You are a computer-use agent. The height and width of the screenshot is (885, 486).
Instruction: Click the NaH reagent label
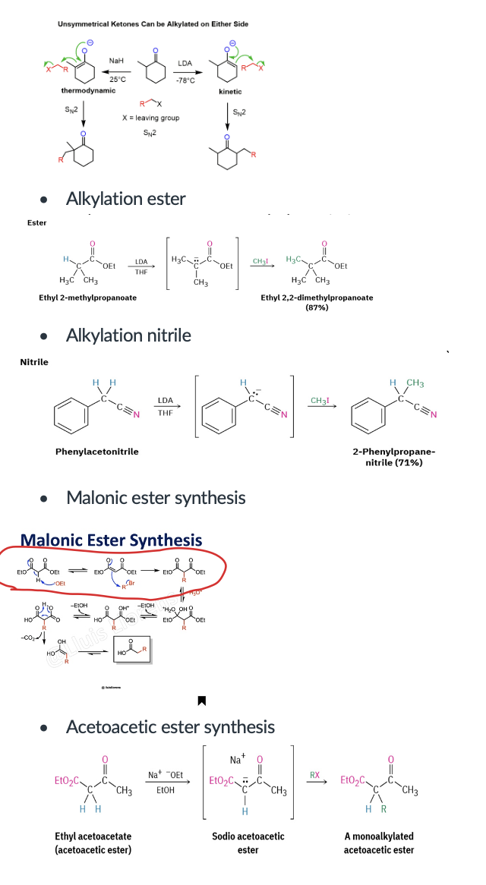[116, 61]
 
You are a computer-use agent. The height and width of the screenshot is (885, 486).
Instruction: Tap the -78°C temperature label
[185, 80]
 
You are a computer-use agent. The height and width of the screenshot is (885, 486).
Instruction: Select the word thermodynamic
[89, 91]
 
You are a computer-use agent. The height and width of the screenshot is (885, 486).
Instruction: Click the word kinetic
[230, 92]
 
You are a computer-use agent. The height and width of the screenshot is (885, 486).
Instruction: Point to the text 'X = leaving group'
[150, 118]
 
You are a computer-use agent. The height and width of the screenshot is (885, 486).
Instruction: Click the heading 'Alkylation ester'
[125, 199]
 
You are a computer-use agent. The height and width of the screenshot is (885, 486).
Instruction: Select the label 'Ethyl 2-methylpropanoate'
[88, 298]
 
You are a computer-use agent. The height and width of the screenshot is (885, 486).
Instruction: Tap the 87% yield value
[316, 307]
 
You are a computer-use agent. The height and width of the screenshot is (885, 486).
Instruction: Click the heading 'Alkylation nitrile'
[128, 335]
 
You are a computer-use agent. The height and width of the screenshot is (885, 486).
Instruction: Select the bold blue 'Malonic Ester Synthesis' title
[111, 540]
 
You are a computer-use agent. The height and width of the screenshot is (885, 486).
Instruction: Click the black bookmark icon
[202, 699]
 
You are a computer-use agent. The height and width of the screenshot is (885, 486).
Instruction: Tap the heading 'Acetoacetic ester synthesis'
[170, 727]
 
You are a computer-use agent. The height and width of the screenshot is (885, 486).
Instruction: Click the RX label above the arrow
[314, 775]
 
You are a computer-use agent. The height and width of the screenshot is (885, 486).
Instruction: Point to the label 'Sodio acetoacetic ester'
[248, 842]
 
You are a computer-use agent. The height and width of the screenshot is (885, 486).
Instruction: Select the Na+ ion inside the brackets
[236, 760]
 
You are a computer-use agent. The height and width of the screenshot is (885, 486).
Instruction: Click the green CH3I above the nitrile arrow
[323, 400]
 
